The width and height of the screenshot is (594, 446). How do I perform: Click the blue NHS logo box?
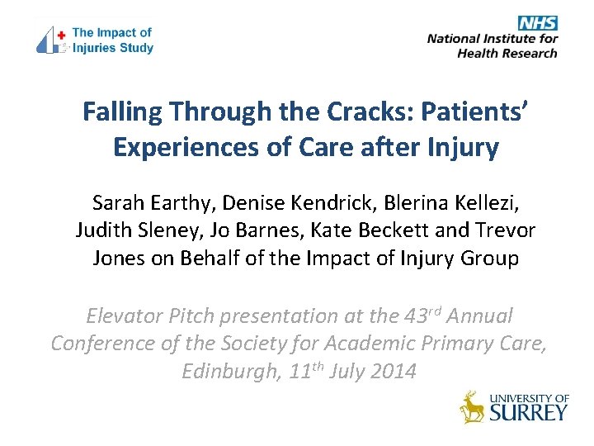(x=538, y=23)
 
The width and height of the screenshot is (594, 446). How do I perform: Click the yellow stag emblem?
(x=473, y=406)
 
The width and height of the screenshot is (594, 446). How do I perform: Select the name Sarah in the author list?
(x=117, y=202)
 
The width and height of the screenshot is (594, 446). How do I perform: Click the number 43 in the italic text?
(x=411, y=316)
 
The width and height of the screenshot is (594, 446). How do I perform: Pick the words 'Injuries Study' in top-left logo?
(x=112, y=48)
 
